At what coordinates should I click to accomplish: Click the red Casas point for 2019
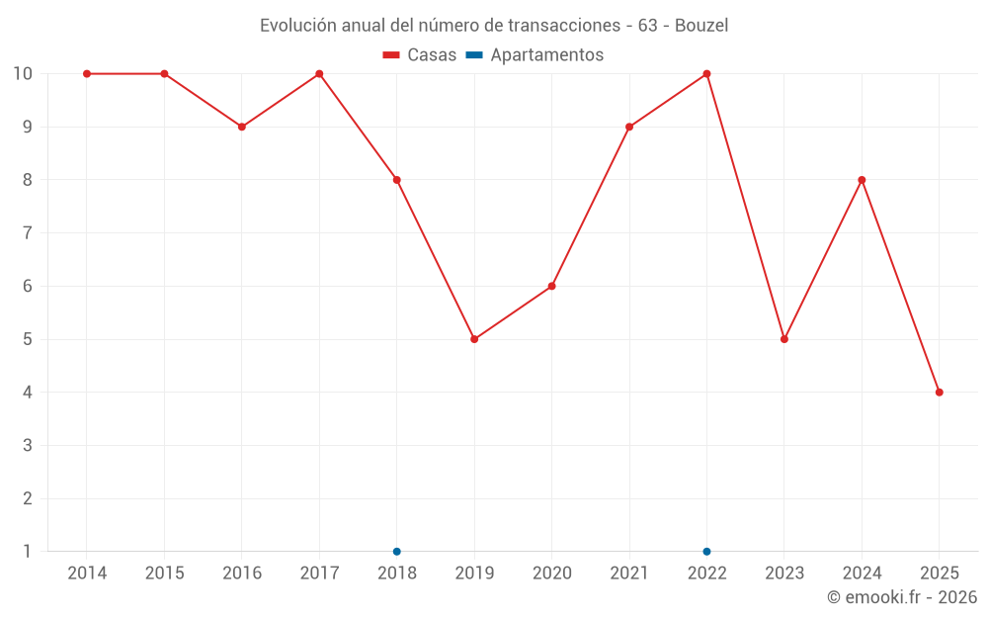coord(474,339)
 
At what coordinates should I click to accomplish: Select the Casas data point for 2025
coord(939,393)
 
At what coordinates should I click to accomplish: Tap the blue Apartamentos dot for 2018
coord(397,552)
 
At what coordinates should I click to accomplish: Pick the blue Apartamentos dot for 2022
coord(706,552)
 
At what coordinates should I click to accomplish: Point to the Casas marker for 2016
coord(242,127)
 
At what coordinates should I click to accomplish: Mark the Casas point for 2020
coord(551,286)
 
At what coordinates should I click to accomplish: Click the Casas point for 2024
coord(862,180)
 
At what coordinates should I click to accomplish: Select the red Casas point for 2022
coord(706,74)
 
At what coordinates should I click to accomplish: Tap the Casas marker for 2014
coord(87,74)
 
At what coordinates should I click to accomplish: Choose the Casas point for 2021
coord(629,127)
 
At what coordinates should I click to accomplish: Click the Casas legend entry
coord(420,55)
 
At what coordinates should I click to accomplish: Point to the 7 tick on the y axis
coord(27,233)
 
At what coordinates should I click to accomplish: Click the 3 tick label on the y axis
coord(27,445)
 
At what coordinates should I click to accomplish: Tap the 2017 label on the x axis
coord(319,574)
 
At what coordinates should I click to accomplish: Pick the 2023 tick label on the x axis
coord(784,574)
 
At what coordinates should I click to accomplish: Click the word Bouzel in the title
coord(701,26)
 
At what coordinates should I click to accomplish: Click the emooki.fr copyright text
coord(902,597)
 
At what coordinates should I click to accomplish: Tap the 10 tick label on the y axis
coord(23,74)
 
